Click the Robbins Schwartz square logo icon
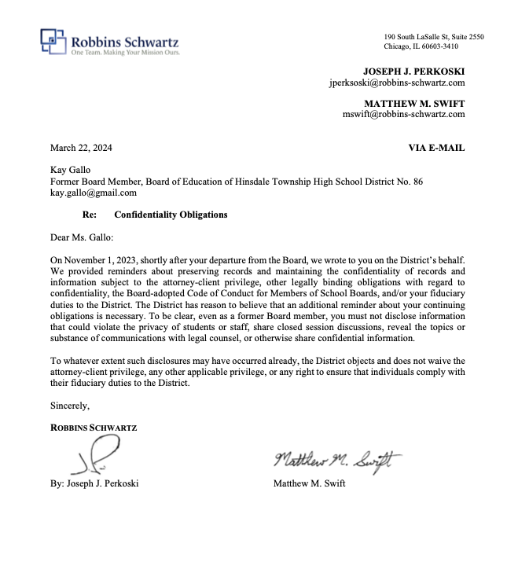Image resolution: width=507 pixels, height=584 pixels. (53, 40)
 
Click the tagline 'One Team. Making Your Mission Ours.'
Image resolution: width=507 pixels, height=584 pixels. (126, 53)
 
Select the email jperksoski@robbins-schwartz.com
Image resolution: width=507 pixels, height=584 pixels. (397, 82)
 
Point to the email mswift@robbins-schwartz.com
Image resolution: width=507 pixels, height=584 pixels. (403, 113)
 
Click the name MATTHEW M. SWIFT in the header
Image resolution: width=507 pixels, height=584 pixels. (414, 102)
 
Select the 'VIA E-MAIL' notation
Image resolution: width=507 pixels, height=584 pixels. (436, 147)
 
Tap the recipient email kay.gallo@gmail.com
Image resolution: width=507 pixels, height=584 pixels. (94, 193)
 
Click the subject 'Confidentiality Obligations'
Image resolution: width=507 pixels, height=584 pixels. (171, 214)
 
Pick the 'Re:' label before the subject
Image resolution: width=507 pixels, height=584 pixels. (90, 214)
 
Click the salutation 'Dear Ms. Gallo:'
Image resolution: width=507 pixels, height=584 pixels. (83, 236)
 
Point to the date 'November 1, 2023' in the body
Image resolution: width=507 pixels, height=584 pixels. (103, 259)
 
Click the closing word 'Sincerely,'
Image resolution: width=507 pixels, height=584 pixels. (70, 406)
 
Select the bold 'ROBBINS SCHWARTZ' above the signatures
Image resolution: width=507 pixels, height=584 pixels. (94, 428)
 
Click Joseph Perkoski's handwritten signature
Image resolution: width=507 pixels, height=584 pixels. (97, 454)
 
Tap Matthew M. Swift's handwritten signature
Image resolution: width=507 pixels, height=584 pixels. (337, 459)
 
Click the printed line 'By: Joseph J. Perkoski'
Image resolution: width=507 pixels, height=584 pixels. (94, 483)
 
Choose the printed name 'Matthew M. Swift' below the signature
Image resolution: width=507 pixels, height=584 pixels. (309, 483)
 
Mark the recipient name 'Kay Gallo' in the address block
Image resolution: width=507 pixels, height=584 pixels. (70, 170)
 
